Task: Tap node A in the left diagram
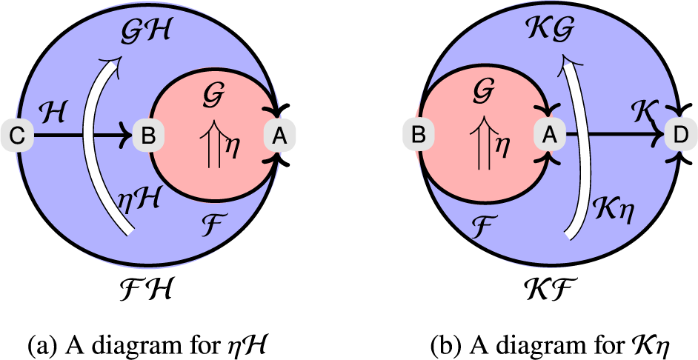tap(279, 136)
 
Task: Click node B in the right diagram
tap(418, 136)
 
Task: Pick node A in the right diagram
tap(549, 136)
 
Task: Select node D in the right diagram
tap(679, 136)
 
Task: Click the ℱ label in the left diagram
tap(213, 218)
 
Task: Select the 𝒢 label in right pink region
tap(482, 98)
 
